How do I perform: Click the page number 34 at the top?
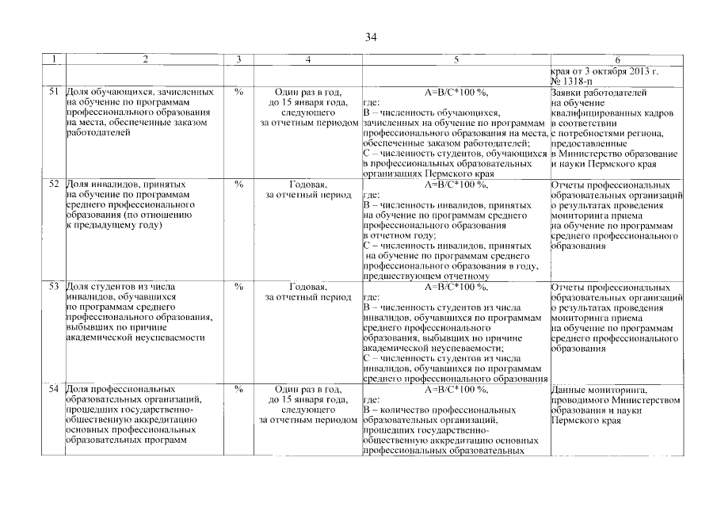pyautogui.click(x=371, y=37)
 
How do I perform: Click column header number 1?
pyautogui.click(x=54, y=60)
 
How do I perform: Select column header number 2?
pyautogui.click(x=144, y=60)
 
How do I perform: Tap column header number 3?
pyautogui.click(x=238, y=60)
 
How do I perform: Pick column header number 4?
pyautogui.click(x=307, y=60)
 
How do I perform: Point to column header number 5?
pyautogui.click(x=456, y=60)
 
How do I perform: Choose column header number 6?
pyautogui.click(x=616, y=60)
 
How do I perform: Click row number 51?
pyautogui.click(x=54, y=92)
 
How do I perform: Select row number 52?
pyautogui.click(x=54, y=184)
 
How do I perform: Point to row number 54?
pyautogui.click(x=54, y=390)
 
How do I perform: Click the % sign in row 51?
pyautogui.click(x=238, y=92)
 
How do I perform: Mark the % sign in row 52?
pyautogui.click(x=238, y=184)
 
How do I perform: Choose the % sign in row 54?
pyautogui.click(x=238, y=390)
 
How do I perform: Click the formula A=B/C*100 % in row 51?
pyautogui.click(x=456, y=92)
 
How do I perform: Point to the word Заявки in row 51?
pyautogui.click(x=566, y=92)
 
